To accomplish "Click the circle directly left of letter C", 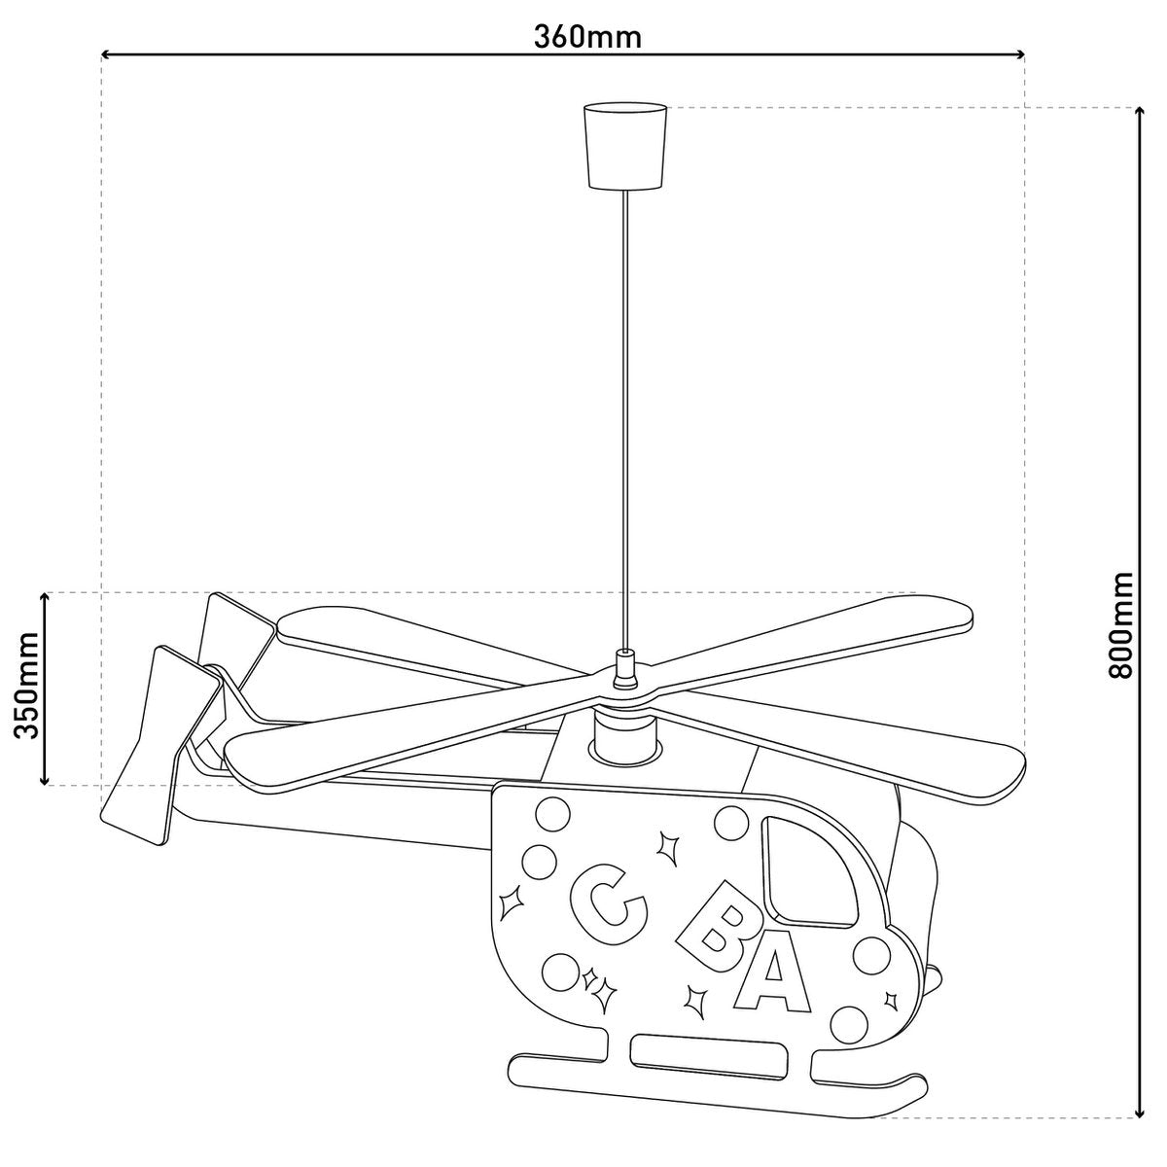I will pos(537,860).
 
